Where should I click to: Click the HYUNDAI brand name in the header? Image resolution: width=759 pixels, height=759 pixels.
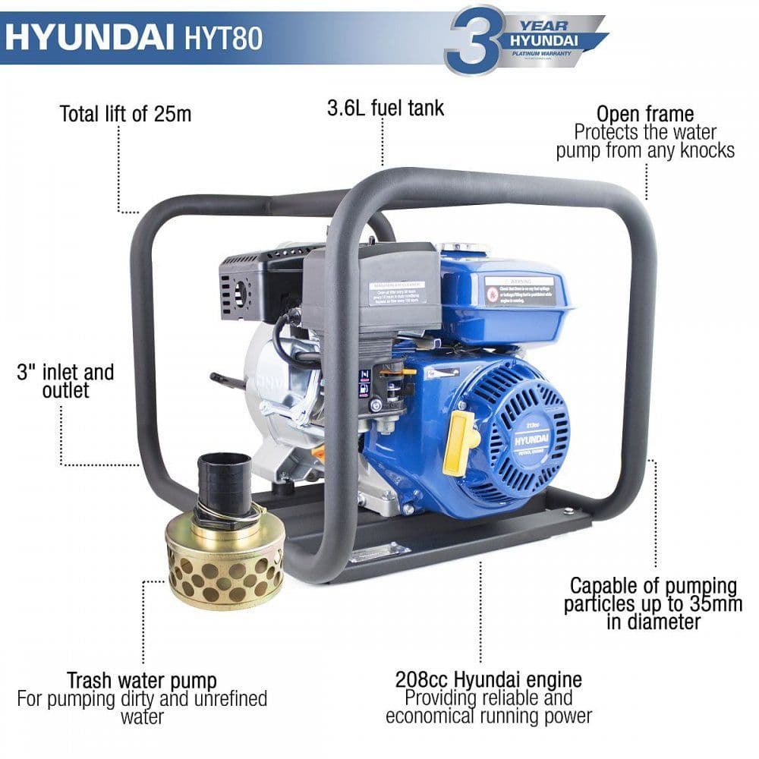pos(88,38)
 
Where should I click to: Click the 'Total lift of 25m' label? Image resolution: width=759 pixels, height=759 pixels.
pos(125,114)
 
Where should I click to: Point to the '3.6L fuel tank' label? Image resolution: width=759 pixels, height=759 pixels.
pos(386,108)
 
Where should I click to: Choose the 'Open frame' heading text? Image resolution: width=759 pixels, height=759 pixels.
pos(645,114)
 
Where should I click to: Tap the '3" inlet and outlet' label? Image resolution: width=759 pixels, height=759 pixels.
pos(65,381)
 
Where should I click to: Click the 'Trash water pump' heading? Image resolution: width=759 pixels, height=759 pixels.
pos(141,680)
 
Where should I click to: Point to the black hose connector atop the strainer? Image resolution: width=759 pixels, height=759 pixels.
pos(224,478)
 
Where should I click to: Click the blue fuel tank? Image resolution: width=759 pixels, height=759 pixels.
pos(505,300)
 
